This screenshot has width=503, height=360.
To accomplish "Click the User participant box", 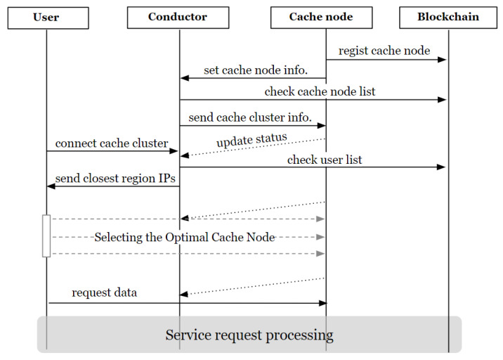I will click(47, 17).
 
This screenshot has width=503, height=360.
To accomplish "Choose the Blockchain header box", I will click(448, 17).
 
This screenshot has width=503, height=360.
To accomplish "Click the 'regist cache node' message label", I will click(384, 51).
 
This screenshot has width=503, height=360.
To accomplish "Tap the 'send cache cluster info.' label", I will click(250, 117).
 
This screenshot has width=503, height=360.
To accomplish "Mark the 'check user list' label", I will click(325, 160).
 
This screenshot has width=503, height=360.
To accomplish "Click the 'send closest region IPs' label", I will click(115, 178).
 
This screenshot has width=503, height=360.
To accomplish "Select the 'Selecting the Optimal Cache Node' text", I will click(184, 237).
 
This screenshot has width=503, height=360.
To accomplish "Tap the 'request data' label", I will click(104, 292).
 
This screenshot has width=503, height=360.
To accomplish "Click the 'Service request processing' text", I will click(249, 334).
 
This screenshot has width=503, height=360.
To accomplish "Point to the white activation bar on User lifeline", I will click(46, 236).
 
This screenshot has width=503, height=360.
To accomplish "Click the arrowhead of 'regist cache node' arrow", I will click(443, 60).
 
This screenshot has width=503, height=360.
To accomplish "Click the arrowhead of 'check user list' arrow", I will click(443, 167).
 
